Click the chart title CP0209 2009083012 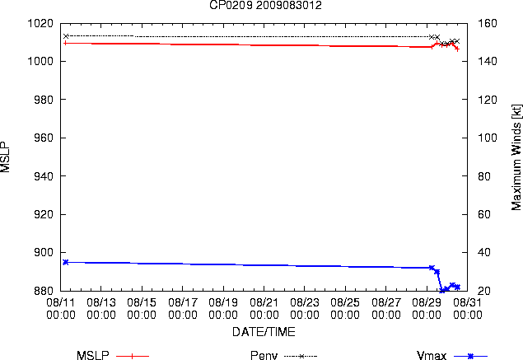pos(265,5)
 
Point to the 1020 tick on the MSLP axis pos(40,23)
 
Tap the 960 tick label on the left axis pos(44,138)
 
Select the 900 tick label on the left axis pos(44,252)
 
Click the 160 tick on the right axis pos(488,23)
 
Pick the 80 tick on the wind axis pos(484,175)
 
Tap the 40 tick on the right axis pos(484,252)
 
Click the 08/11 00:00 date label pos(61,309)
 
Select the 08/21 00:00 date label pos(264,309)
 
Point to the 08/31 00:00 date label pos(468,309)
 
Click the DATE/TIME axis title pos(264,332)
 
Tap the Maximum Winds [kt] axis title pos(516,157)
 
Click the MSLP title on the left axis pos(5,157)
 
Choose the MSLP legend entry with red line pos(113,355)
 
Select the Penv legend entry pos(284,355)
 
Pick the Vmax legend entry pos(452,355)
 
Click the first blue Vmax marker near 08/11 pos(66,262)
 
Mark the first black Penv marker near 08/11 pos(66,36)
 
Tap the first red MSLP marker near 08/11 pos(65,43)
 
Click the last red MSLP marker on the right pos(458,49)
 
